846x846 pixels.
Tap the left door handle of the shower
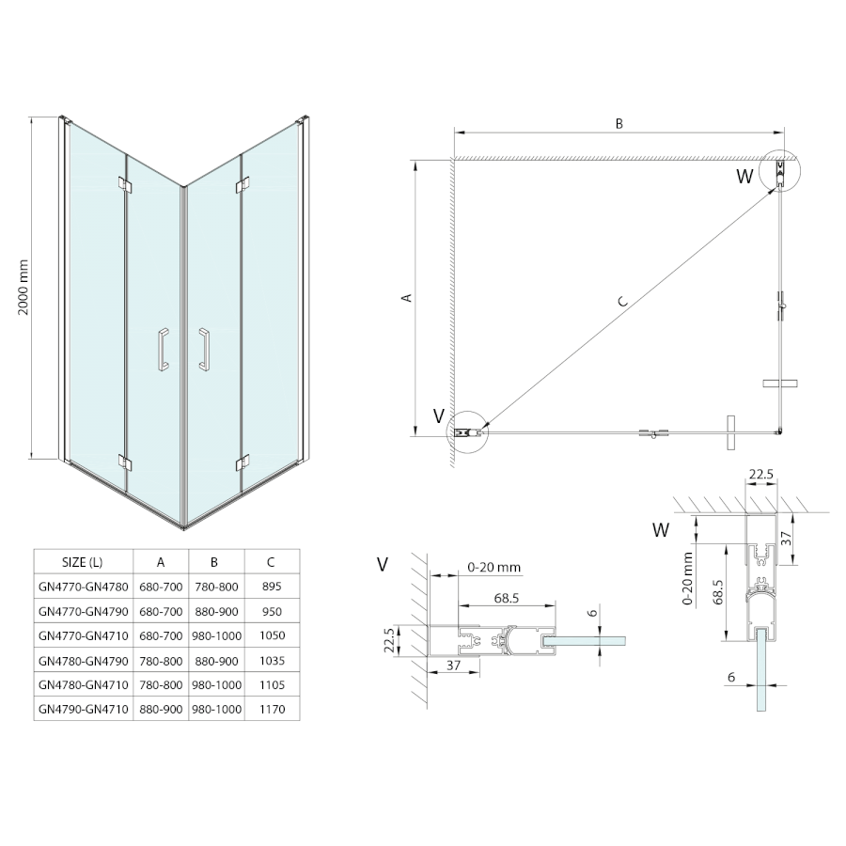coord(163,351)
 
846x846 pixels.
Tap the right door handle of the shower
coord(203,350)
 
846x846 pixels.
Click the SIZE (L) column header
coord(82,562)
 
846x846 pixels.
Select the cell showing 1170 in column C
coord(271,709)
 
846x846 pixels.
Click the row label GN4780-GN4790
coord(82,660)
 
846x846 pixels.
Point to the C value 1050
coord(271,635)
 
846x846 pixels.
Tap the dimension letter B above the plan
coord(619,123)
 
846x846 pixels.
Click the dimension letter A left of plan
coord(406,298)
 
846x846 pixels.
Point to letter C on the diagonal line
coord(622,302)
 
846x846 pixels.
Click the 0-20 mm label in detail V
coord(493,568)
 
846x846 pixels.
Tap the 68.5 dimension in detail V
coord(507,598)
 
